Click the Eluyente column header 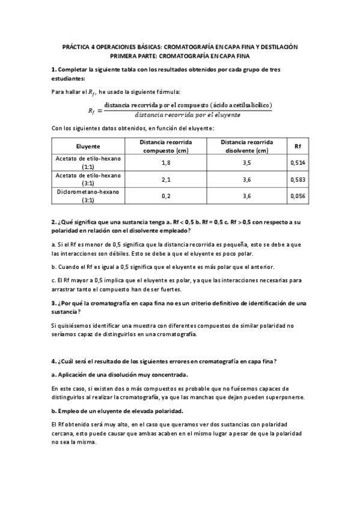coord(88,146)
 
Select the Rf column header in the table coord(297,146)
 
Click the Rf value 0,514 coord(297,162)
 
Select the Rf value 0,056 coord(297,195)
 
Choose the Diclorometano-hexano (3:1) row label coord(88,195)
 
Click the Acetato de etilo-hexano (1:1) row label coord(88,162)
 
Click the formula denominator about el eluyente coord(188,114)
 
